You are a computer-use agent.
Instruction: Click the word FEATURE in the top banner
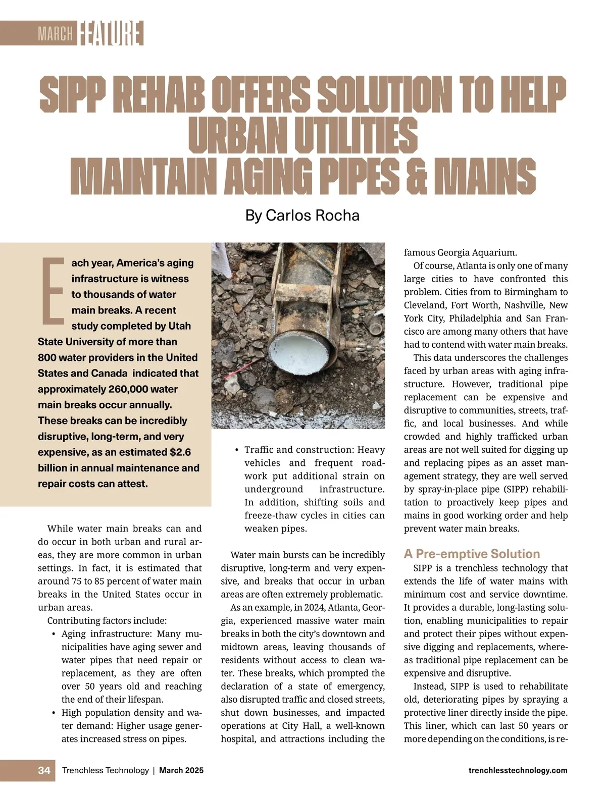click(x=111, y=33)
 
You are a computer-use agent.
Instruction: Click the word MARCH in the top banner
click(x=55, y=34)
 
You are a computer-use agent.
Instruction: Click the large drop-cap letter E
click(x=53, y=291)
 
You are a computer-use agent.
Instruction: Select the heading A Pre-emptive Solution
click(x=472, y=554)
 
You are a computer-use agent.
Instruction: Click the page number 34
click(x=44, y=770)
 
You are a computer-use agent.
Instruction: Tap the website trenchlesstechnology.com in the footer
click(x=518, y=770)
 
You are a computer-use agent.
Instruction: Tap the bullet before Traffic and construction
click(x=236, y=449)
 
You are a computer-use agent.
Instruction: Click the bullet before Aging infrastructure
click(x=54, y=634)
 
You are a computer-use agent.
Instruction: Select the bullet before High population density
click(x=54, y=713)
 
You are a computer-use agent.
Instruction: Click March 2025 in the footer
click(x=181, y=770)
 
